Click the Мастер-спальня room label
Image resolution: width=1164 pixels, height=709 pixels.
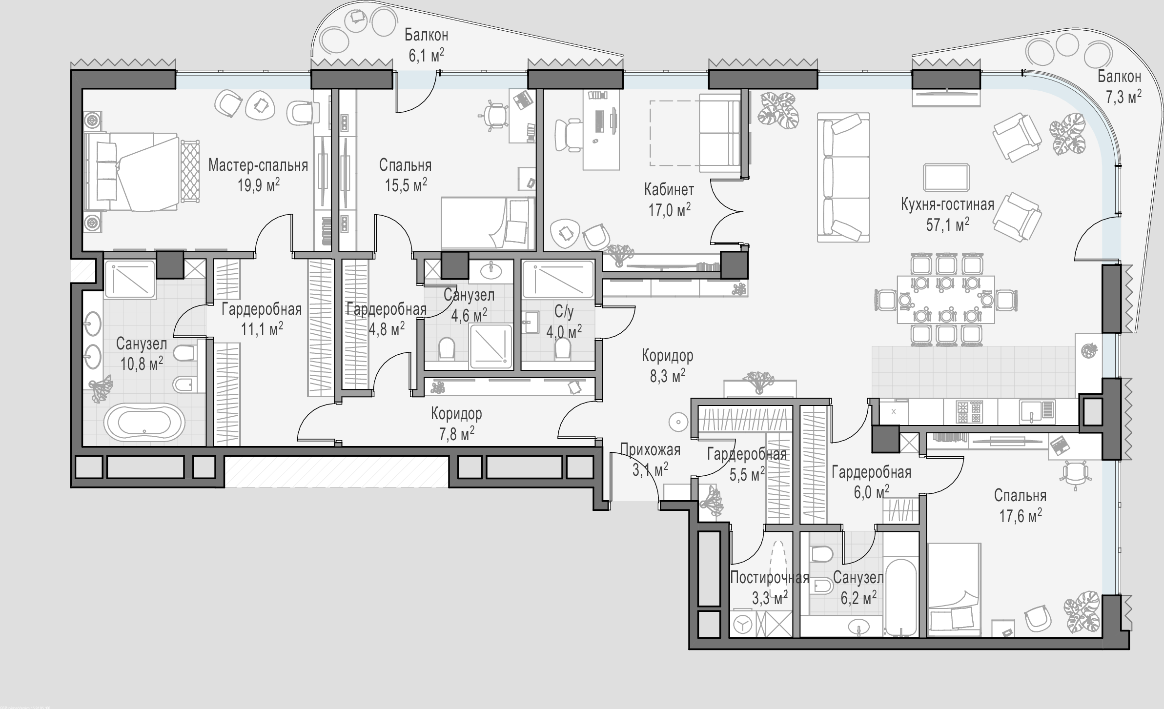[258, 165]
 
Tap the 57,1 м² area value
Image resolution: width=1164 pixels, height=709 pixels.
[947, 224]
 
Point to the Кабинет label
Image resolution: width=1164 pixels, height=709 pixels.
[669, 189]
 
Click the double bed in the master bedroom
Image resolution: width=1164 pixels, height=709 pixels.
[132, 172]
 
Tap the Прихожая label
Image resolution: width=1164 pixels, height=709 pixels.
[650, 449]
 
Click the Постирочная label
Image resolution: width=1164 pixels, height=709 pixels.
[770, 578]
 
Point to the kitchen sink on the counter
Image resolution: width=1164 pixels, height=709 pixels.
[1037, 411]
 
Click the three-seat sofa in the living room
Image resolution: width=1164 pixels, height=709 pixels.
[843, 177]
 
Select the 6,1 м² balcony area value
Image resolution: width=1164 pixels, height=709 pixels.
[426, 55]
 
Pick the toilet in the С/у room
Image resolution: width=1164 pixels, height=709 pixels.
[563, 349]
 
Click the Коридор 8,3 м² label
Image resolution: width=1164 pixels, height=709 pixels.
[667, 365]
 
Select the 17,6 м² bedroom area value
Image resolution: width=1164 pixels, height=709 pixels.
[1021, 516]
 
